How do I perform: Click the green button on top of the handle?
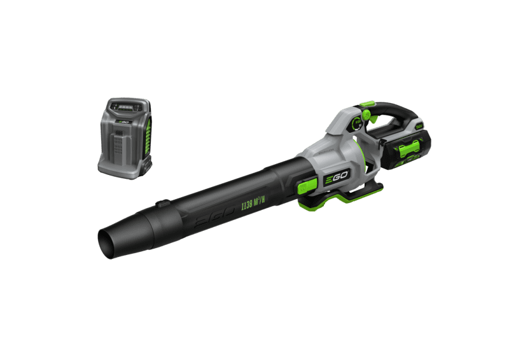click(365, 104)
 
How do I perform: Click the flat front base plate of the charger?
click(121, 166)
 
